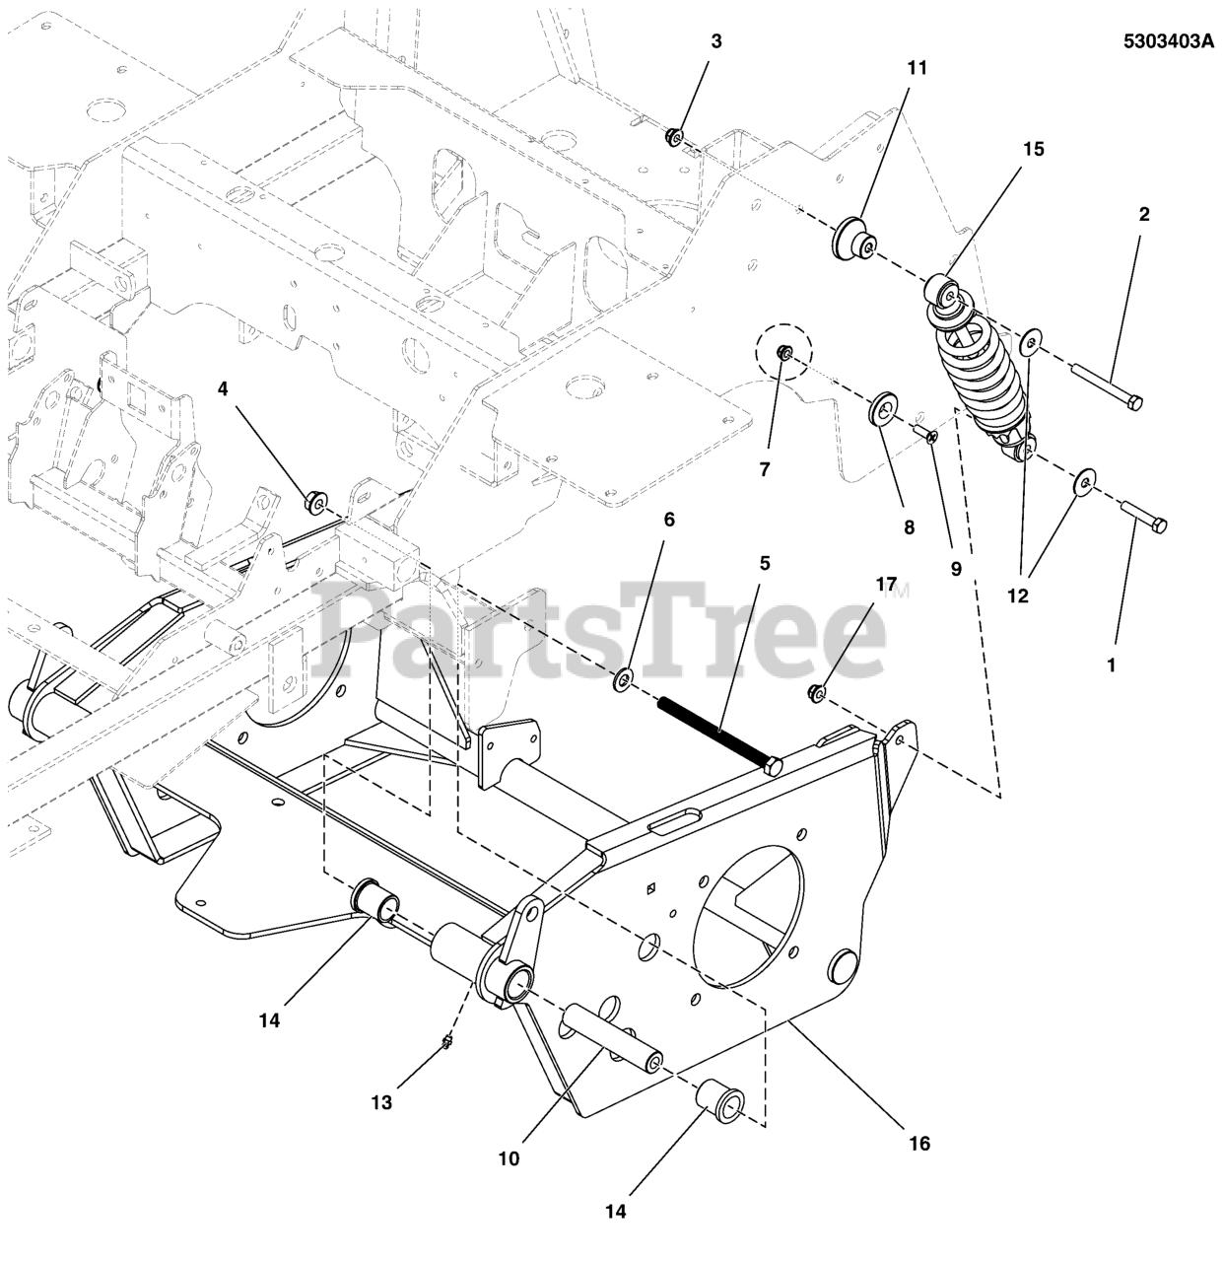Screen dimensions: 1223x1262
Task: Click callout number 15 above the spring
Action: click(1033, 149)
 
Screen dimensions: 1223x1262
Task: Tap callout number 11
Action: click(917, 68)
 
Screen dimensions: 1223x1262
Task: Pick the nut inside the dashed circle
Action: click(783, 352)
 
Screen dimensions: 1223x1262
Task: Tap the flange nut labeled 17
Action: click(817, 693)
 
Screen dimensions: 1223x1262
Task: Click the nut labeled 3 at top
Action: click(673, 134)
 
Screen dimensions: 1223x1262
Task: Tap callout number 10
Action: click(508, 1159)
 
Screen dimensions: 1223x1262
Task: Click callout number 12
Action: click(1017, 596)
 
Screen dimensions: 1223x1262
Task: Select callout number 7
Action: click(764, 469)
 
